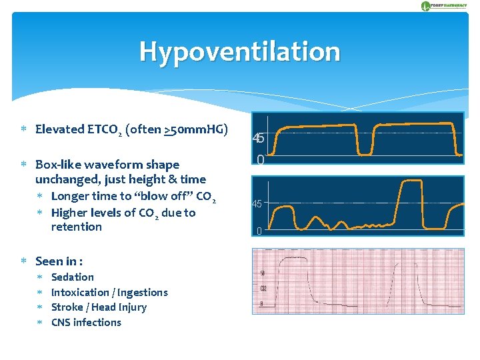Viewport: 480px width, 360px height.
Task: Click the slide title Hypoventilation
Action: (239, 52)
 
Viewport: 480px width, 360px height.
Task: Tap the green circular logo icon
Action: (426, 6)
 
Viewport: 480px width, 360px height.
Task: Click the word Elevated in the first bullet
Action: (59, 129)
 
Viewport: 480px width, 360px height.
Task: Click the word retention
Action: (76, 227)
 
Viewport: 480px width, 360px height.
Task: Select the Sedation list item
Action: (73, 277)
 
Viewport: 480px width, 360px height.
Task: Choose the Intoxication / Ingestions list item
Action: (109, 293)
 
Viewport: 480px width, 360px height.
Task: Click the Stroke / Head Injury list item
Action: (99, 307)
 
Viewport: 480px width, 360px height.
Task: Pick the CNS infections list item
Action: (86, 323)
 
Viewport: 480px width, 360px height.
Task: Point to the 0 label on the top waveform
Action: (261, 160)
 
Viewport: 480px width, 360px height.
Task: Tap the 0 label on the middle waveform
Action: (259, 231)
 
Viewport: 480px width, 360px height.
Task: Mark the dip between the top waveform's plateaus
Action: (365, 151)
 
